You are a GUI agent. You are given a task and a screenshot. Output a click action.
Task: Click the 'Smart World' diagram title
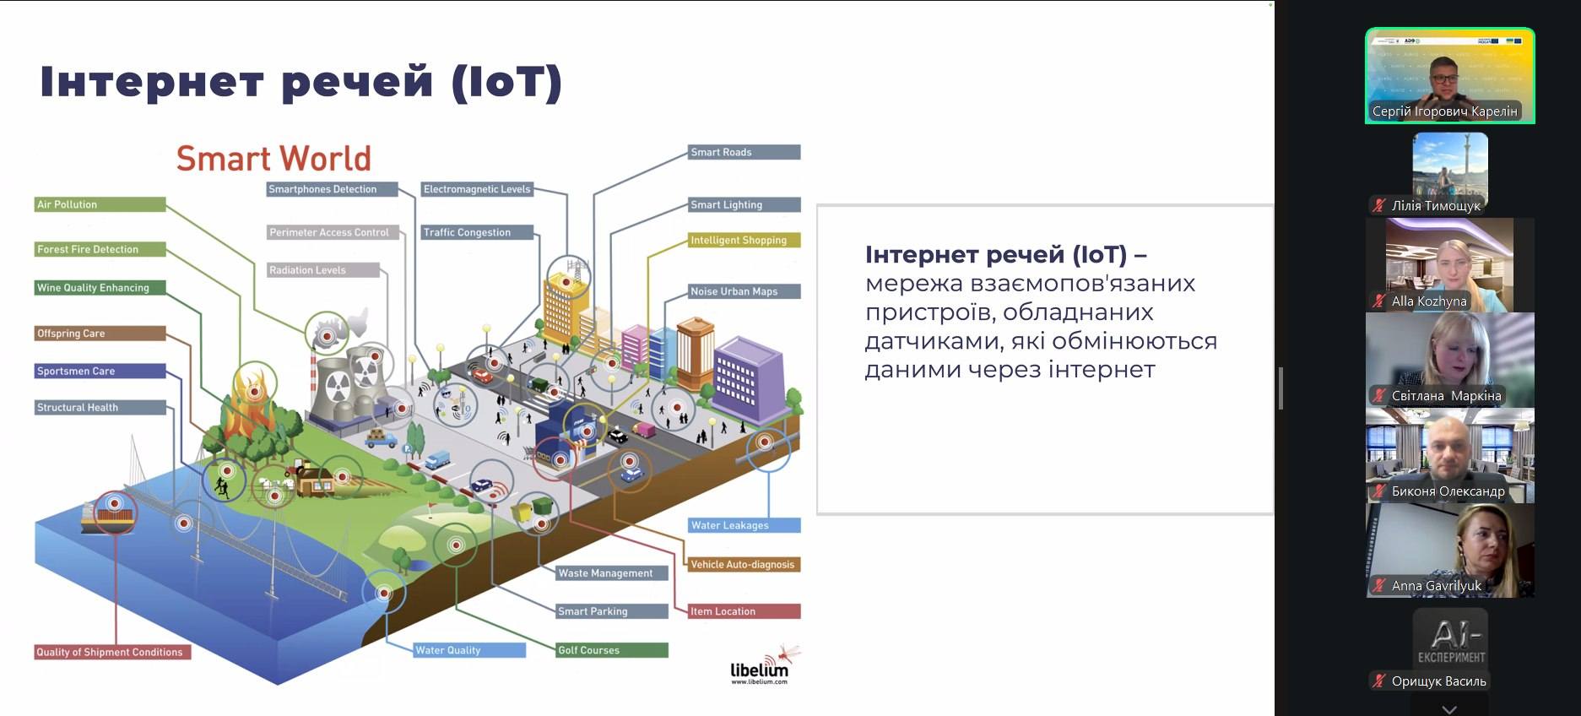[273, 159]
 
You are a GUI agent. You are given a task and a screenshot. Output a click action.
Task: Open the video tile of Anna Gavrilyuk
[1449, 550]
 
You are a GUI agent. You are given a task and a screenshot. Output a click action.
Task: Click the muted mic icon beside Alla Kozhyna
[1379, 301]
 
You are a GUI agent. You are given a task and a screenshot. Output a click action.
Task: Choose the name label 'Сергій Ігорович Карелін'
[1444, 111]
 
